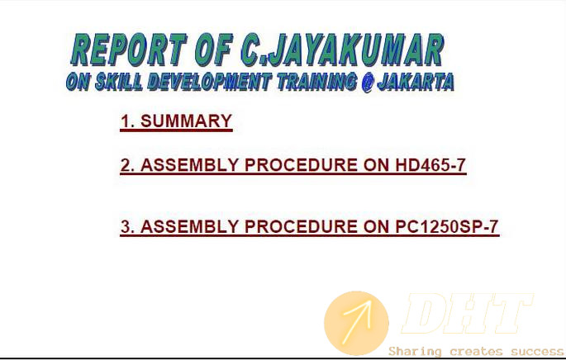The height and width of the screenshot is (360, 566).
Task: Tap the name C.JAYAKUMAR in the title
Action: pos(343,50)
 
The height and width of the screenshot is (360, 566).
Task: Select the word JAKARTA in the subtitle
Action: pos(416,82)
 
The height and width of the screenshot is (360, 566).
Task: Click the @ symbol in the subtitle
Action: pos(367,83)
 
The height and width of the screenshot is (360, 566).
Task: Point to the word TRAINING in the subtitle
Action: pos(317,82)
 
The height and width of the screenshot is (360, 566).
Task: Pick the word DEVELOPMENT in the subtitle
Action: pos(210,82)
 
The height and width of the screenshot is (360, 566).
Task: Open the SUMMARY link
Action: pos(186,121)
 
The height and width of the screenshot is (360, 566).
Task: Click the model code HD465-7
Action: pos(430,165)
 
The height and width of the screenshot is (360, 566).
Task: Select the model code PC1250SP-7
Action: pos(447,227)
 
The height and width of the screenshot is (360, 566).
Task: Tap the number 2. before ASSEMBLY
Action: pos(127,165)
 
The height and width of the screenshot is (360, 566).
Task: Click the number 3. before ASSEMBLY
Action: pos(127,227)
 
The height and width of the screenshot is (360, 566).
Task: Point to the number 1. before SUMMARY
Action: pos(128,121)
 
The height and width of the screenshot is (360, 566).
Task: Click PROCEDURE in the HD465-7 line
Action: pos(301,165)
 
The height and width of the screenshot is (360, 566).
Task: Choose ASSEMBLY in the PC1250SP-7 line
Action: pos(189,227)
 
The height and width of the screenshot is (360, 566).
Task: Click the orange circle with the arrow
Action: pos(356,323)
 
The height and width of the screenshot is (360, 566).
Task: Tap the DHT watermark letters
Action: pos(467,314)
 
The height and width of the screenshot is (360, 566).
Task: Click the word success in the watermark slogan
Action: pos(537,352)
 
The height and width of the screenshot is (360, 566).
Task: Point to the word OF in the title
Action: pos(213,50)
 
